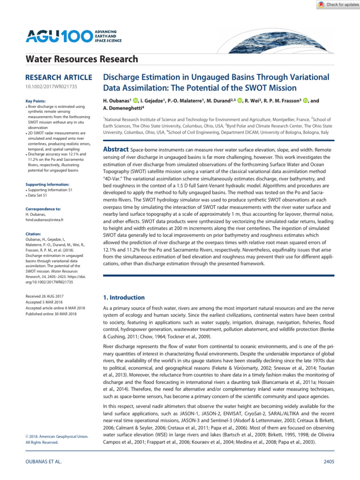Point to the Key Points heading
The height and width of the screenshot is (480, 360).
coord(36,101)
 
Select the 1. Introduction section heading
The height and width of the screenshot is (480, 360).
coord(124,297)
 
